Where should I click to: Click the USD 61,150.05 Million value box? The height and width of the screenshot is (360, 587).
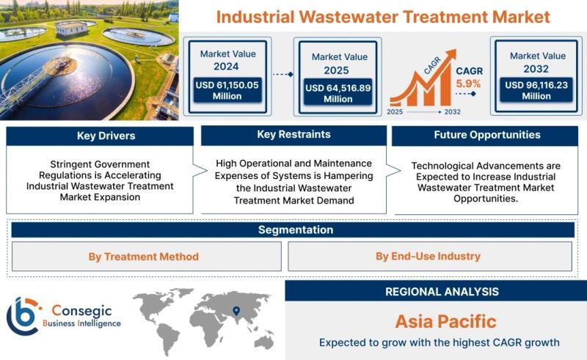[x=227, y=90]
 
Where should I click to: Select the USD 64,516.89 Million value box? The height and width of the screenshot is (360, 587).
[x=338, y=93]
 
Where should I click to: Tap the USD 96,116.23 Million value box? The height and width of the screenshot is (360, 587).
[x=536, y=90]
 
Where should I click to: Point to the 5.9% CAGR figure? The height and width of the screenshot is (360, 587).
[x=468, y=84]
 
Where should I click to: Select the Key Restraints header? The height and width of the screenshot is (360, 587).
[x=294, y=135]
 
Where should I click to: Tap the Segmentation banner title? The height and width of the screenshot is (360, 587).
[x=296, y=229]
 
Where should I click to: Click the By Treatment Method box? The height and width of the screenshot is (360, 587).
[x=146, y=257]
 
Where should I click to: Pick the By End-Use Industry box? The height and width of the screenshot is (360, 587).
[x=430, y=257]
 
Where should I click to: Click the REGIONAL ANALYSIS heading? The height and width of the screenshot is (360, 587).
[x=442, y=292]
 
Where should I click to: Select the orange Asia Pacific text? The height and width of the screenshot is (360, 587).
[x=445, y=321]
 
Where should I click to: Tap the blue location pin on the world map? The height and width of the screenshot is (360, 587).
[x=236, y=311]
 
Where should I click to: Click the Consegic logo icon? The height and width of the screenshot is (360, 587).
[x=23, y=316]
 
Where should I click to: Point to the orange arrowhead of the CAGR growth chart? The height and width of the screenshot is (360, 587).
[x=451, y=55]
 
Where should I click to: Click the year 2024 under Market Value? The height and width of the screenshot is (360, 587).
[x=226, y=67]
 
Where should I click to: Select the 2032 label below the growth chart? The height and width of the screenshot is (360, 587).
[x=452, y=112]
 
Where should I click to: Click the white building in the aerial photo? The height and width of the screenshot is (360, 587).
[x=71, y=28]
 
